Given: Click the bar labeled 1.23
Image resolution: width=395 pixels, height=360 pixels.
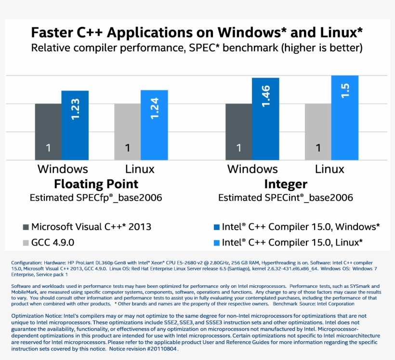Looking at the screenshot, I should [75, 125].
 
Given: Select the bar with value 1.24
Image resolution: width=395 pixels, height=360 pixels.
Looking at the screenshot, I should [154, 125].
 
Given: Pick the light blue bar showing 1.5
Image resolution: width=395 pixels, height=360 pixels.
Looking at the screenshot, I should [344, 118].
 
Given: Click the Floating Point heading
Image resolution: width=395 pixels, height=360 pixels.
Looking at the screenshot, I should [96, 184].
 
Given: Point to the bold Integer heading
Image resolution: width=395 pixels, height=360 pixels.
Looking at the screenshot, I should [286, 184].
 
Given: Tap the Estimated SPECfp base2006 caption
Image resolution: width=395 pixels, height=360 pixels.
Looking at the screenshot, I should [96, 198].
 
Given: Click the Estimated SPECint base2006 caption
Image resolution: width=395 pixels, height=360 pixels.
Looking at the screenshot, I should [286, 198].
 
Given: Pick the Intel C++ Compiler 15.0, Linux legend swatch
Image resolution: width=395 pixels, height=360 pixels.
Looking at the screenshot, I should [215, 242].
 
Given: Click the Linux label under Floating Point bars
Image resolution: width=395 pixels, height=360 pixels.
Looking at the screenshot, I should [140, 169].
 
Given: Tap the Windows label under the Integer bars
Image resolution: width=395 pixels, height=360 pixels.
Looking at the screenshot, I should [252, 169].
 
